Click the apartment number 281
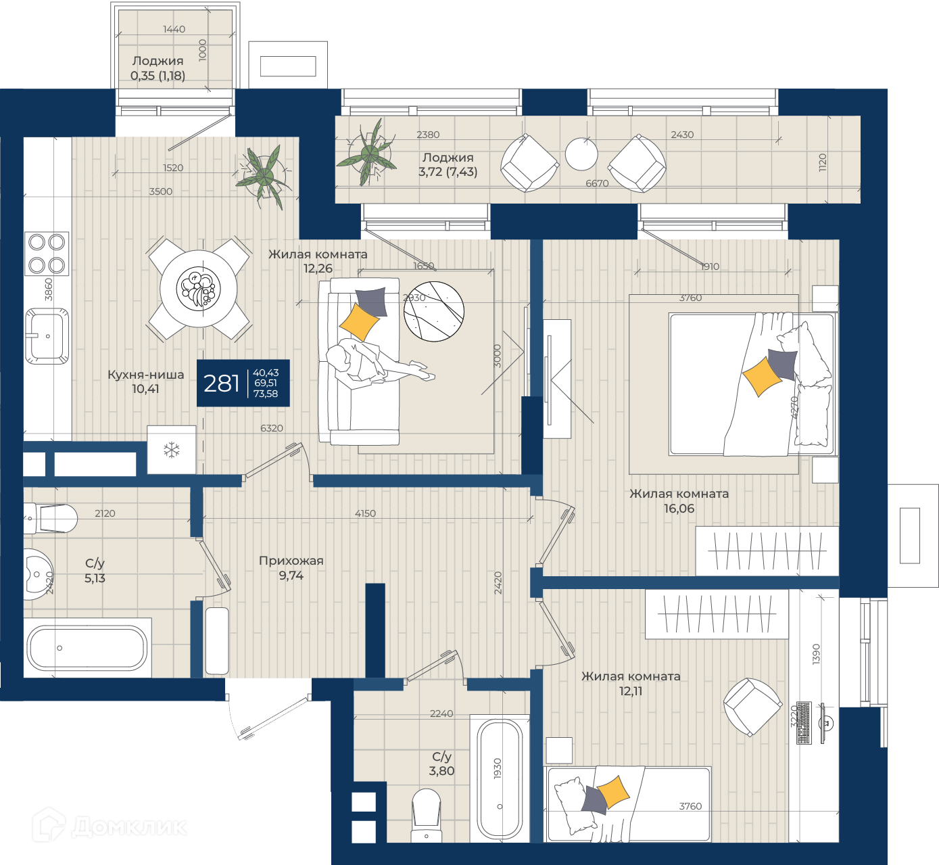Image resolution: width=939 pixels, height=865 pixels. [x=222, y=383]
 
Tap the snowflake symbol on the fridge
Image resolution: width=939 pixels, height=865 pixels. [x=172, y=450]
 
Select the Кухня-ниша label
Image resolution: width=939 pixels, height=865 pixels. [x=145, y=375]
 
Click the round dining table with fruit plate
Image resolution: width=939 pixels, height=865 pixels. [x=199, y=289]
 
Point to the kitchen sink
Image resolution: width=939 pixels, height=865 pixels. [x=47, y=336]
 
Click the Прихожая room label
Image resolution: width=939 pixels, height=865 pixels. [x=291, y=561]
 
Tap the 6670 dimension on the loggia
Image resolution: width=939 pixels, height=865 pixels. [x=598, y=183]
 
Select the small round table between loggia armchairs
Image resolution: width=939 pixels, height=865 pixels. [x=581, y=154]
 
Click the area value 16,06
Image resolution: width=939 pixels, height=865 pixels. [x=679, y=509]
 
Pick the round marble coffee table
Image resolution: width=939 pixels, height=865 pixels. [x=434, y=311]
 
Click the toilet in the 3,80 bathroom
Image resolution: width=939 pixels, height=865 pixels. [x=427, y=816]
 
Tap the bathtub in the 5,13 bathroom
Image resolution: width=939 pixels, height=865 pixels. [x=87, y=648]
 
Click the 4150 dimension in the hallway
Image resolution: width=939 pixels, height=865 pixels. [x=365, y=513]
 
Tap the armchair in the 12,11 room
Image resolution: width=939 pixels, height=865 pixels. [x=752, y=707]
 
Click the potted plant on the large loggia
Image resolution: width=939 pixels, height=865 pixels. [x=370, y=152]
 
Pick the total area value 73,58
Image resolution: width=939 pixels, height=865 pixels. [x=266, y=394]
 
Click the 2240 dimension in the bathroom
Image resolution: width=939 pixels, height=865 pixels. [x=441, y=714]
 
